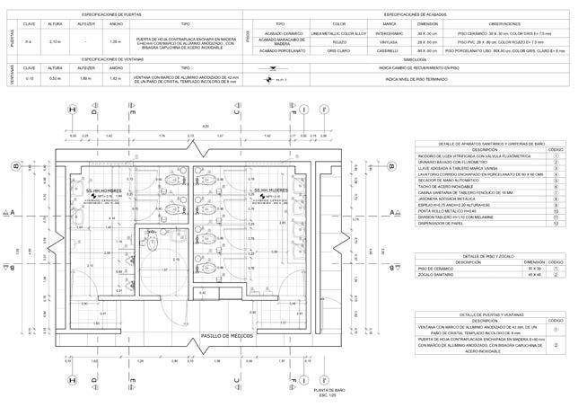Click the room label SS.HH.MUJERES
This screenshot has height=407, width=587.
click(x=270, y=191)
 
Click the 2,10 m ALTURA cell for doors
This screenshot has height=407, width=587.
click(x=54, y=41)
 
